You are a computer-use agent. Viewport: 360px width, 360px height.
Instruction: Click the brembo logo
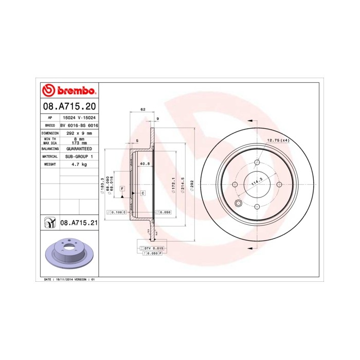69,91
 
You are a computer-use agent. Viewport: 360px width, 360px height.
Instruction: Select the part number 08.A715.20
69,107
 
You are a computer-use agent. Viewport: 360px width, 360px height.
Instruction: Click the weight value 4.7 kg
79,164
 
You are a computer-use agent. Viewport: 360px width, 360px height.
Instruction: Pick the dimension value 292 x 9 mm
79,133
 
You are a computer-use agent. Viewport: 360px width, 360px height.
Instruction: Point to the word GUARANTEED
79,148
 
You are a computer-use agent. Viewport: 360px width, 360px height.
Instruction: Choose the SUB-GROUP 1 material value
79,156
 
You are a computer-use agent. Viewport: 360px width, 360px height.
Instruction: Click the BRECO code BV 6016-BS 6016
79,125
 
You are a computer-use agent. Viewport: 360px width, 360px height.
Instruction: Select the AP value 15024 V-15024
79,117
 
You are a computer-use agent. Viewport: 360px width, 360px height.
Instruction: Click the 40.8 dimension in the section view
145,164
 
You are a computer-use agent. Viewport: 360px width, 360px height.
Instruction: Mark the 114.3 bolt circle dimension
254,182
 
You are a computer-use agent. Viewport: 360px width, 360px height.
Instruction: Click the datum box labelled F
122,189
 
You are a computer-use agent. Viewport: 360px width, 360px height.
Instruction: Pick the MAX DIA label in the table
50,142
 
